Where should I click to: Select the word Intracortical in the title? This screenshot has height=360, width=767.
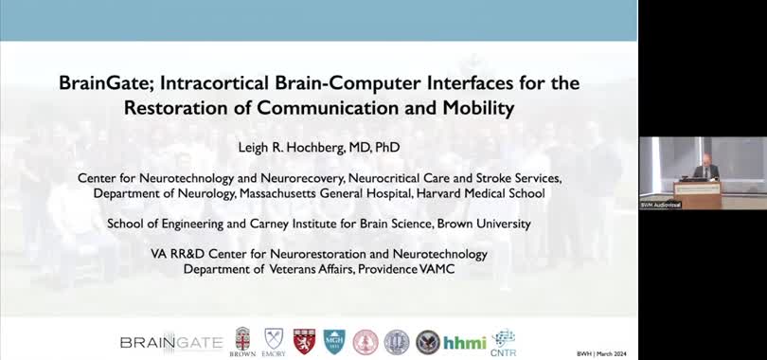pyautogui.click(x=205, y=83)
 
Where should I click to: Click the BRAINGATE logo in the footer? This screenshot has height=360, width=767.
pyautogui.click(x=171, y=342)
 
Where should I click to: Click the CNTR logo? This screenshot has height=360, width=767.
pyautogui.click(x=504, y=341)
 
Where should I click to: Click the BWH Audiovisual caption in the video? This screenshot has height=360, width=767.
pyautogui.click(x=661, y=205)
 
